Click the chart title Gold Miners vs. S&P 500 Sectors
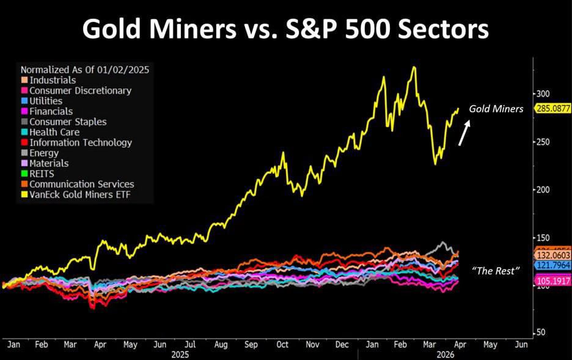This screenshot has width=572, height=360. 285,29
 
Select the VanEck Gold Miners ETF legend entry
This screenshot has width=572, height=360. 76,194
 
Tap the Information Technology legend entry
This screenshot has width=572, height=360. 80,142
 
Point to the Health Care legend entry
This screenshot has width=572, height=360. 54,132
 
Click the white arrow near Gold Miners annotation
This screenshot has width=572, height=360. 465,133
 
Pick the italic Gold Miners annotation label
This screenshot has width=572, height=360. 496,109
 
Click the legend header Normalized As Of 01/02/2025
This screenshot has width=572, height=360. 85,70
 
